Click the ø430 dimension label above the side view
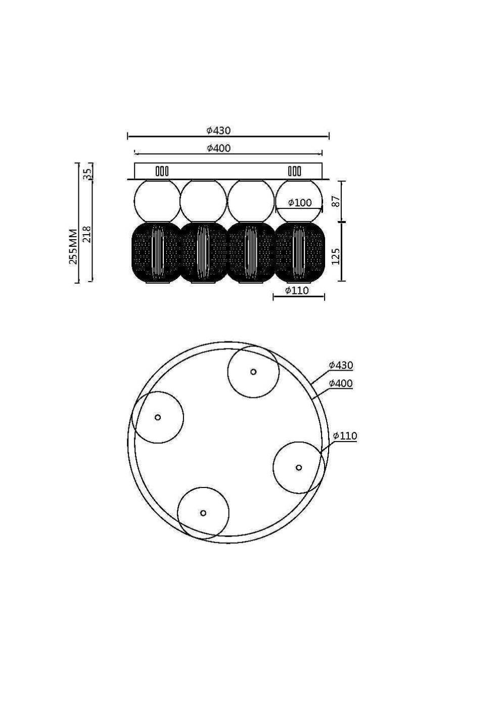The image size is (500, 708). pos(218,130)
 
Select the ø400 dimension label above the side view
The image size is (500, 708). pos(218,148)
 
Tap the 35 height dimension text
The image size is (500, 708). pos(87,172)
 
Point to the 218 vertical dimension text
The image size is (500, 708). pos(87,234)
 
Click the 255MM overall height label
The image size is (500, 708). pos(73,246)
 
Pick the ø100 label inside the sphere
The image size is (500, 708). pos(300,203)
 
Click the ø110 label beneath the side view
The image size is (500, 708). pos(297,290)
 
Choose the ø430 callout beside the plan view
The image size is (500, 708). pos(341,365)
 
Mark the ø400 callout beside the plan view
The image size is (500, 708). pos(341,383)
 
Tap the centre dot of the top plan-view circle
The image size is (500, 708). pos(253,372)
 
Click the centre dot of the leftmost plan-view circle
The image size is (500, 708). pos(158,417)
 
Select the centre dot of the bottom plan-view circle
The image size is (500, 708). pos(203,513)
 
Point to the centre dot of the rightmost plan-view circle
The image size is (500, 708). pos(299,467)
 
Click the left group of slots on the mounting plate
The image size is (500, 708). pos(162,171)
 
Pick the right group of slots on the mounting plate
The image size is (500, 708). pos(294,171)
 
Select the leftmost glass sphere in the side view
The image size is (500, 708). pos(157,201)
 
